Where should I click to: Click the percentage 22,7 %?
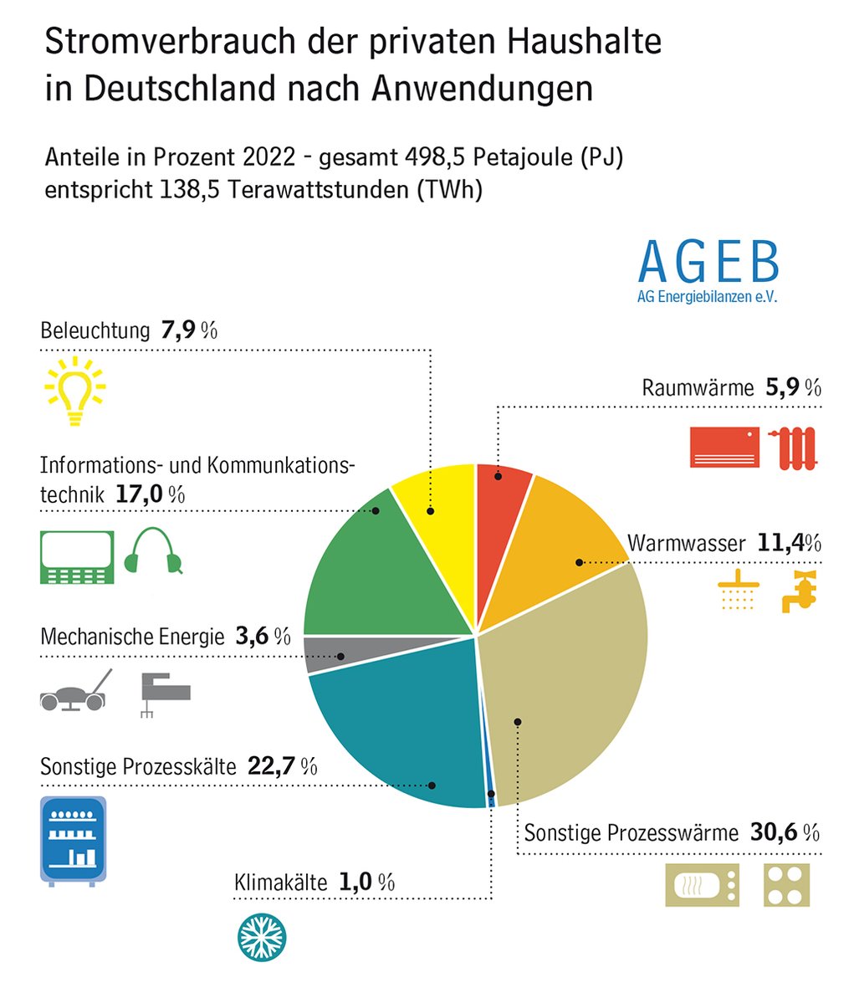click(282, 765)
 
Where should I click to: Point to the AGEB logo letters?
click(708, 262)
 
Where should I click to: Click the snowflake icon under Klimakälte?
click(259, 935)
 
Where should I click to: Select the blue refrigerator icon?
click(74, 841)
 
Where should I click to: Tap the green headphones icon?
click(153, 552)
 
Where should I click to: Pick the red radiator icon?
click(794, 448)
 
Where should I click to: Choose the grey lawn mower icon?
click(75, 692)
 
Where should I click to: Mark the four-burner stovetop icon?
click(786, 885)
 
